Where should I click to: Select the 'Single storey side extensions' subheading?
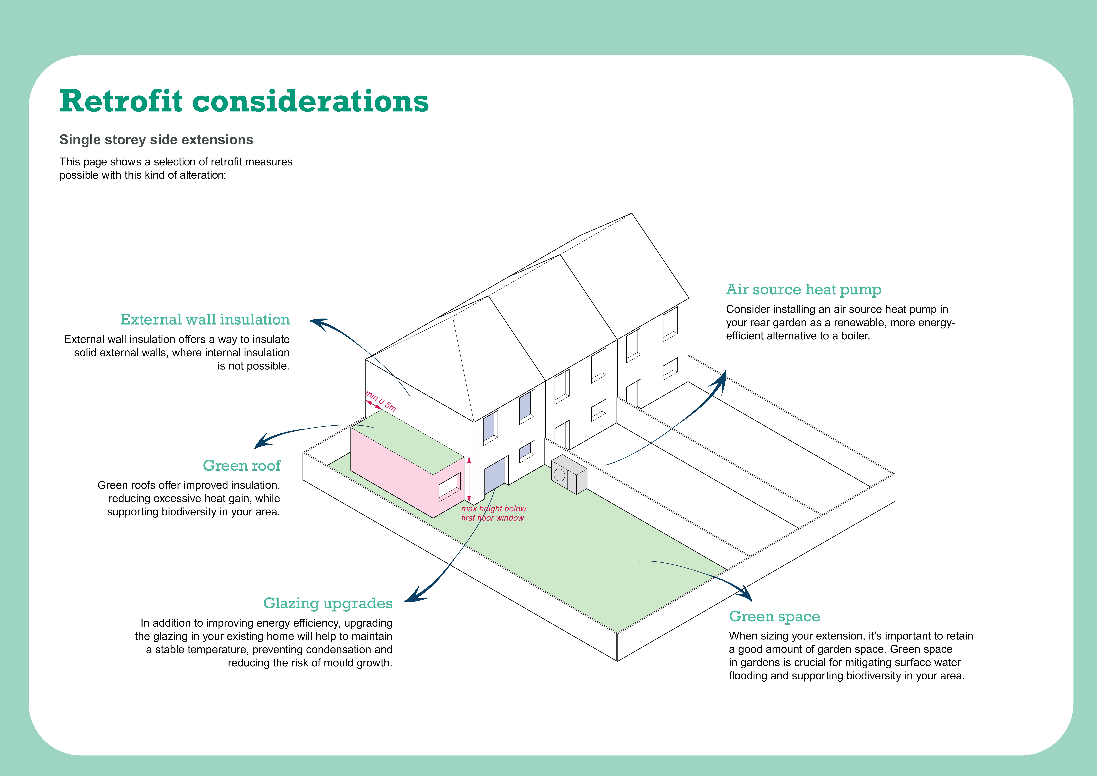coord(156,140)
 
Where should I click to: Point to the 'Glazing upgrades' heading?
coord(328,603)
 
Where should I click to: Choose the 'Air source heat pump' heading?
coord(804,290)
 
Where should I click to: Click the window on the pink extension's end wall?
coord(450,486)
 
